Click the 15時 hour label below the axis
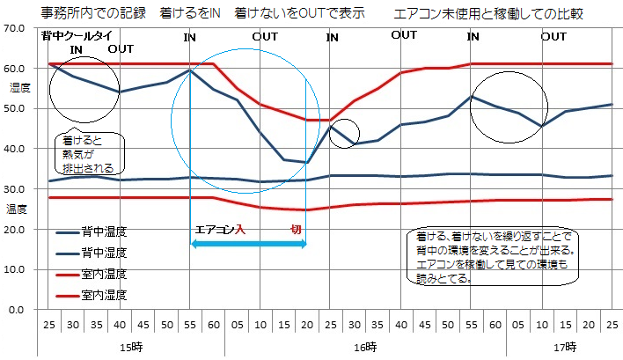(132, 347)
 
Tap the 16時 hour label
(363, 347)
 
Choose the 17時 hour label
(564, 347)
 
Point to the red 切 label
(297, 229)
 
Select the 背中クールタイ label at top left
(77, 35)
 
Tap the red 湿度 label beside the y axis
(19, 88)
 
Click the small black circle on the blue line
(344, 132)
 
